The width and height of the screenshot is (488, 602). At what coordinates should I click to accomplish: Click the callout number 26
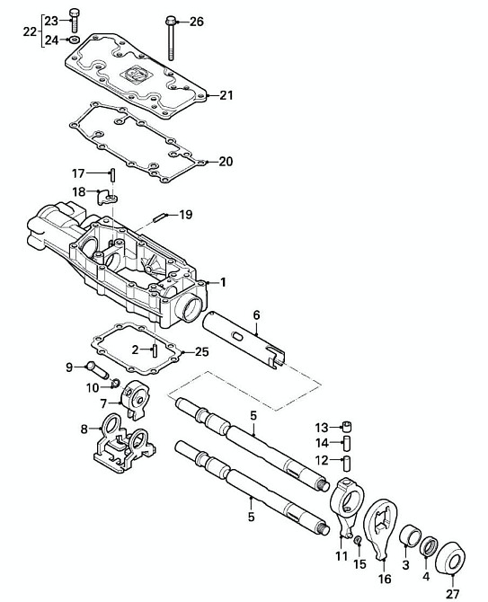point(197,22)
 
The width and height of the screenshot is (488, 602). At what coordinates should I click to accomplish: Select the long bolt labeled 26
point(171,39)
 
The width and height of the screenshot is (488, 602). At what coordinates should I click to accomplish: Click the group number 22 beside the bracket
point(30,31)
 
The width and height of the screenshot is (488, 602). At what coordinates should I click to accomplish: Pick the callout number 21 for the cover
point(226,95)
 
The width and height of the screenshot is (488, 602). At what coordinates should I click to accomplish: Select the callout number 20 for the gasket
point(226,162)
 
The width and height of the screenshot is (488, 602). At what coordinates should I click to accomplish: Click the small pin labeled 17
point(113,175)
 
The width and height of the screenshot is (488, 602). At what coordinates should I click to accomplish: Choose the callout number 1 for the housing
point(223,282)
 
